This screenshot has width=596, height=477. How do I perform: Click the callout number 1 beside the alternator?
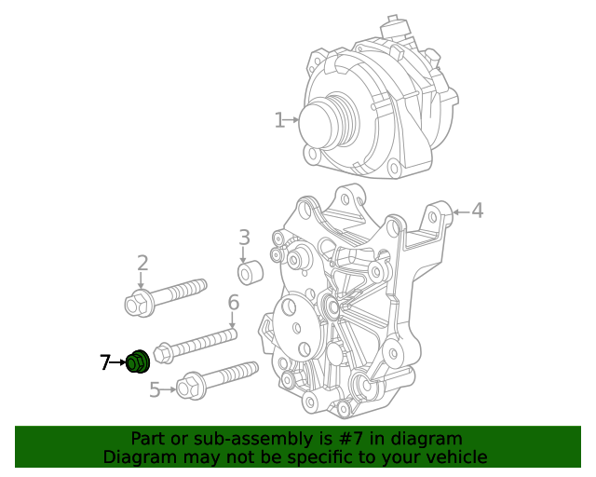279,120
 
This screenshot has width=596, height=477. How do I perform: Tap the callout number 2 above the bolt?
142,263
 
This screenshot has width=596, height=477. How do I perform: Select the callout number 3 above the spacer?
244,238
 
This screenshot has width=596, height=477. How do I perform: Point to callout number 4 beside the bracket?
477,211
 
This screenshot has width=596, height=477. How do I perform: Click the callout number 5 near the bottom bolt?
156,389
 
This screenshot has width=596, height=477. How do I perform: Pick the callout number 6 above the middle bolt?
234,303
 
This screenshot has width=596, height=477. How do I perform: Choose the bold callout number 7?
105,362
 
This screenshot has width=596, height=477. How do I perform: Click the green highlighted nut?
138,361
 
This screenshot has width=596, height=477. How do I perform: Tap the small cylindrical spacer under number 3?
250,275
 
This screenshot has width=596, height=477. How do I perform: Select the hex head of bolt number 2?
137,303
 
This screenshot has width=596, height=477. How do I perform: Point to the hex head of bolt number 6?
163,353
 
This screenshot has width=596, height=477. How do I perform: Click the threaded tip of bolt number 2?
199,285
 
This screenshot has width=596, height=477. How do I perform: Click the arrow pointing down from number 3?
244,255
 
